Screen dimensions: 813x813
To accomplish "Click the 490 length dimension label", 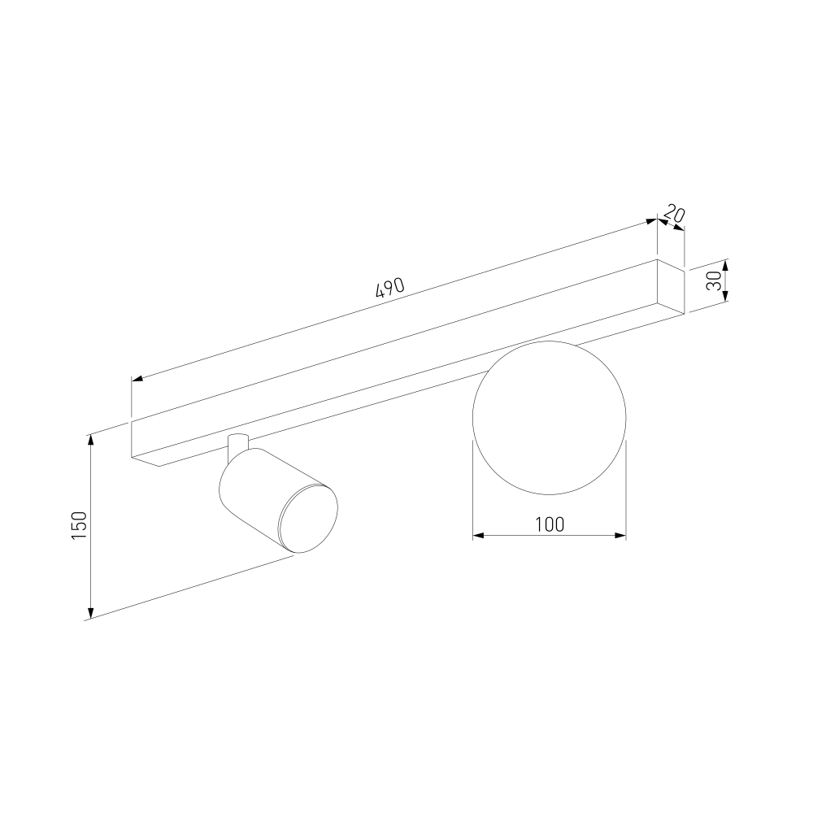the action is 389,287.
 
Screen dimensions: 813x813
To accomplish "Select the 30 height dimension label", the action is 715,280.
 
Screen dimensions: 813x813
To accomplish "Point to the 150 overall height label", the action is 79,524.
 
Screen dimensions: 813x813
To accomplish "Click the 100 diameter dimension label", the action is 550,524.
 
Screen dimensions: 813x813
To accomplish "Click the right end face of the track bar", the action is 671,286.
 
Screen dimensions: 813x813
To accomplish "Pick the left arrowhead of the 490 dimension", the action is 137,379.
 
